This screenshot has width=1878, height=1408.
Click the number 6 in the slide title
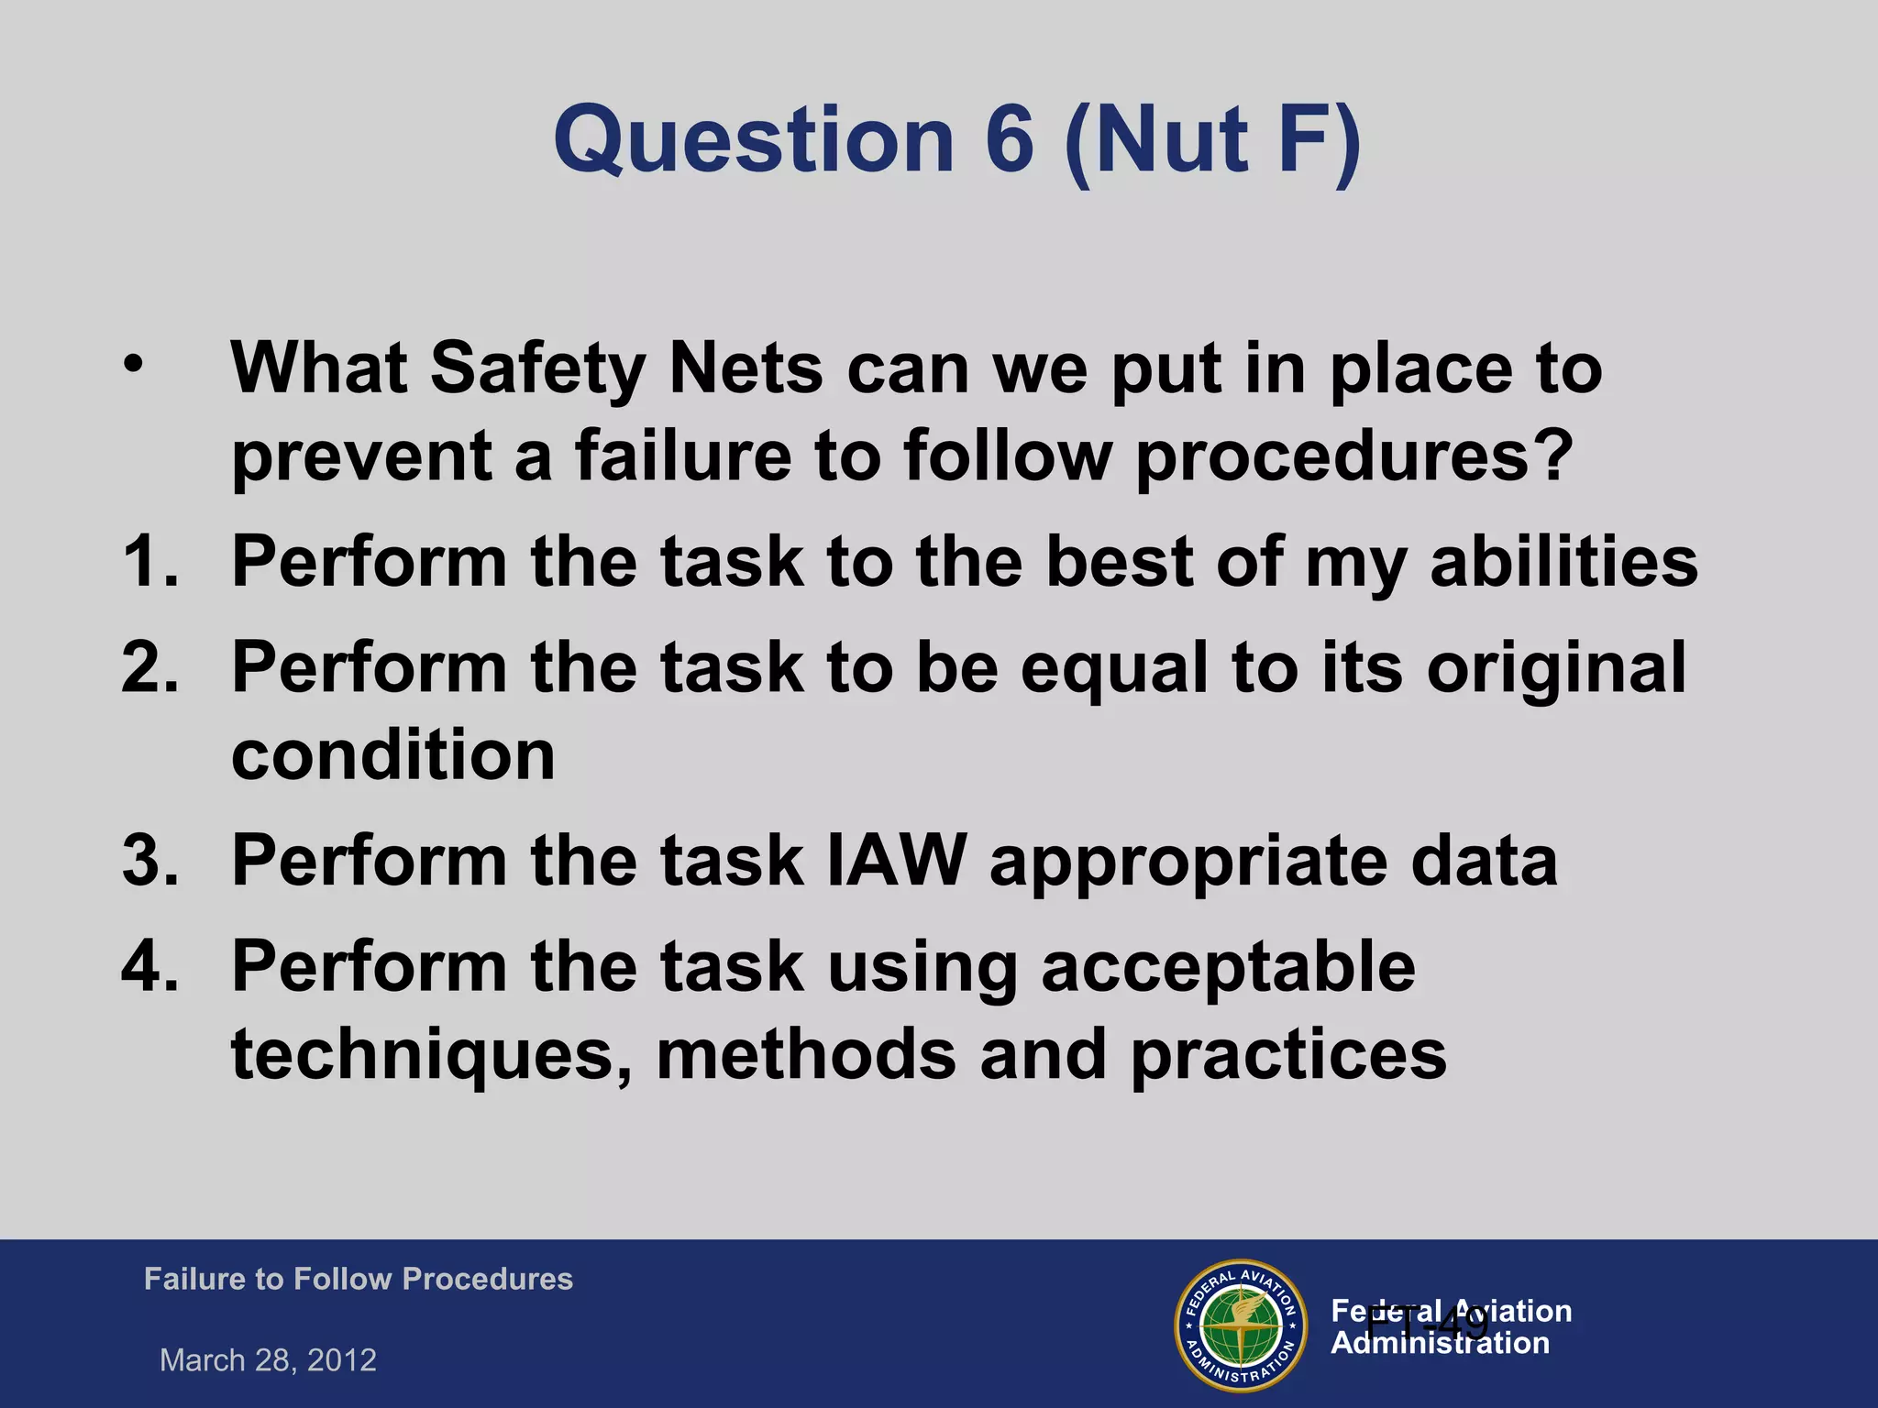[1011, 139]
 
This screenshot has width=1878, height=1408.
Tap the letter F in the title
[1303, 139]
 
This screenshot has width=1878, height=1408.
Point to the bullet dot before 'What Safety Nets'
[134, 365]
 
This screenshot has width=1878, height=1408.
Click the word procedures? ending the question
[1353, 456]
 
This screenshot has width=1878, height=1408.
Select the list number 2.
[149, 667]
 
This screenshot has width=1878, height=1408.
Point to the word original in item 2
[1556, 669]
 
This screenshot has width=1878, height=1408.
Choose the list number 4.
[149, 966]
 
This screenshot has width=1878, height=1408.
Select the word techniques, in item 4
[431, 1054]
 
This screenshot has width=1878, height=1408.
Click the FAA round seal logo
[1241, 1325]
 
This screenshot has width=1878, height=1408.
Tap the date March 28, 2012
[268, 1360]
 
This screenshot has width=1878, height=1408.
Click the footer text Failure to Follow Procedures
[358, 1279]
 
